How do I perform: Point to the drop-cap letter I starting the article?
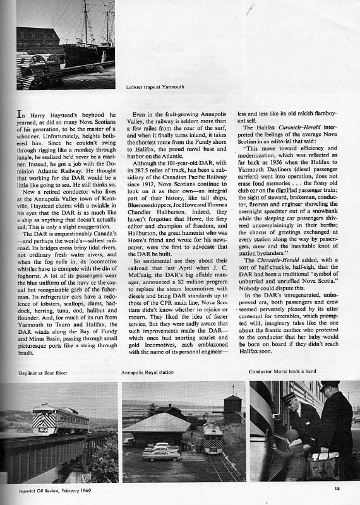[x=20, y=116]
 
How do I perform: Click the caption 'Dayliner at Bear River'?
[x=28, y=373]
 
